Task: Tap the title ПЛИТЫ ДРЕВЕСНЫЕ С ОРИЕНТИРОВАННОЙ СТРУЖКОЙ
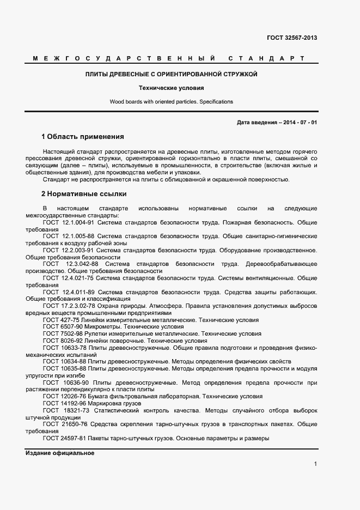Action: tap(171, 74)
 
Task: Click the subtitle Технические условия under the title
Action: tap(171, 88)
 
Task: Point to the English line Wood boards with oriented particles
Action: tap(171, 102)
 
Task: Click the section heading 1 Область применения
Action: tap(83, 136)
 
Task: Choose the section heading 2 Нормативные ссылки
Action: tap(84, 193)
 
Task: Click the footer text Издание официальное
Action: tap(60, 453)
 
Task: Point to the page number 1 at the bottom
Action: tap(315, 464)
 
